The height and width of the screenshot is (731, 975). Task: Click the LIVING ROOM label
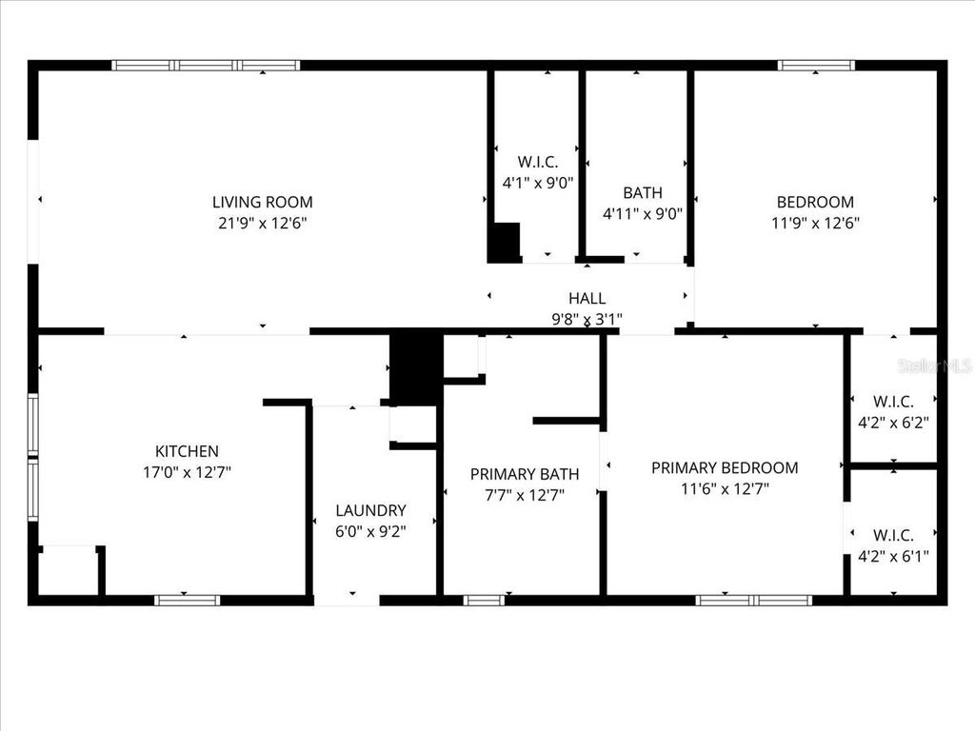click(262, 202)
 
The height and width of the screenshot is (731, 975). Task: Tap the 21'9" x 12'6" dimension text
click(262, 223)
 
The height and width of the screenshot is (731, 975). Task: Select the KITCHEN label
click(187, 451)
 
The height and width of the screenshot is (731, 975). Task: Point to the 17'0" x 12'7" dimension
click(187, 471)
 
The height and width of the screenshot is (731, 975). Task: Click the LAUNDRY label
click(370, 510)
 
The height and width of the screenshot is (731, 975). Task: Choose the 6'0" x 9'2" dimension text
click(370, 531)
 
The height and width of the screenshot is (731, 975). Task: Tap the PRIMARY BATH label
click(524, 474)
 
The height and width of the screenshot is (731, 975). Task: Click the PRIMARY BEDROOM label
click(725, 467)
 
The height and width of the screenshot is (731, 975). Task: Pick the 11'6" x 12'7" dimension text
click(725, 488)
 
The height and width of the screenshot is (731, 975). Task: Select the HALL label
click(587, 299)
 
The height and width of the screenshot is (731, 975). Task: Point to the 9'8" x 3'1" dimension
click(587, 319)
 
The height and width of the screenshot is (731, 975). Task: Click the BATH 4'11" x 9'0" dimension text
click(643, 214)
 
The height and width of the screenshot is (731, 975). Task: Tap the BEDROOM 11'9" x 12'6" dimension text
click(815, 223)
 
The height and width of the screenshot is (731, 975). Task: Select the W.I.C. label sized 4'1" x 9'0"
click(538, 162)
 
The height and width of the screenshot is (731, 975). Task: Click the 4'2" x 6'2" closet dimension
click(893, 421)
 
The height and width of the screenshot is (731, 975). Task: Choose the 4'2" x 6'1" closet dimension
click(893, 556)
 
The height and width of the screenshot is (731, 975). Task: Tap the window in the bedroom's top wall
click(816, 66)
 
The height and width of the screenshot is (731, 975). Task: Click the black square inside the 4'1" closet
click(505, 242)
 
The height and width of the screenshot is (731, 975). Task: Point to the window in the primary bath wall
click(484, 601)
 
